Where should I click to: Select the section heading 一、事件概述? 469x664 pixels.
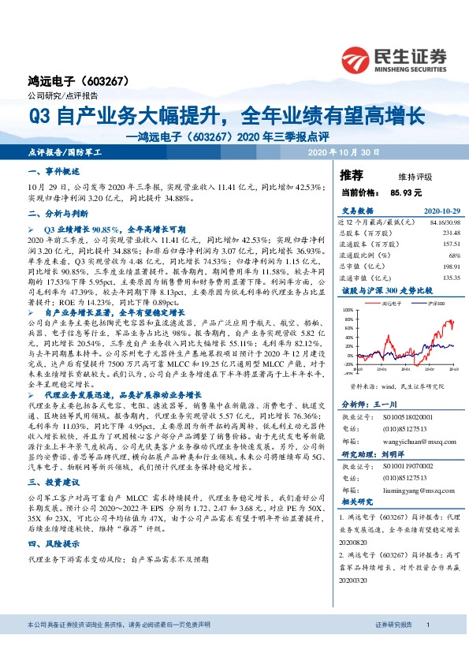point(54,171)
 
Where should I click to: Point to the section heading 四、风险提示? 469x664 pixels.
point(54,544)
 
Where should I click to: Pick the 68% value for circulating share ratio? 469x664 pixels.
point(453,256)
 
